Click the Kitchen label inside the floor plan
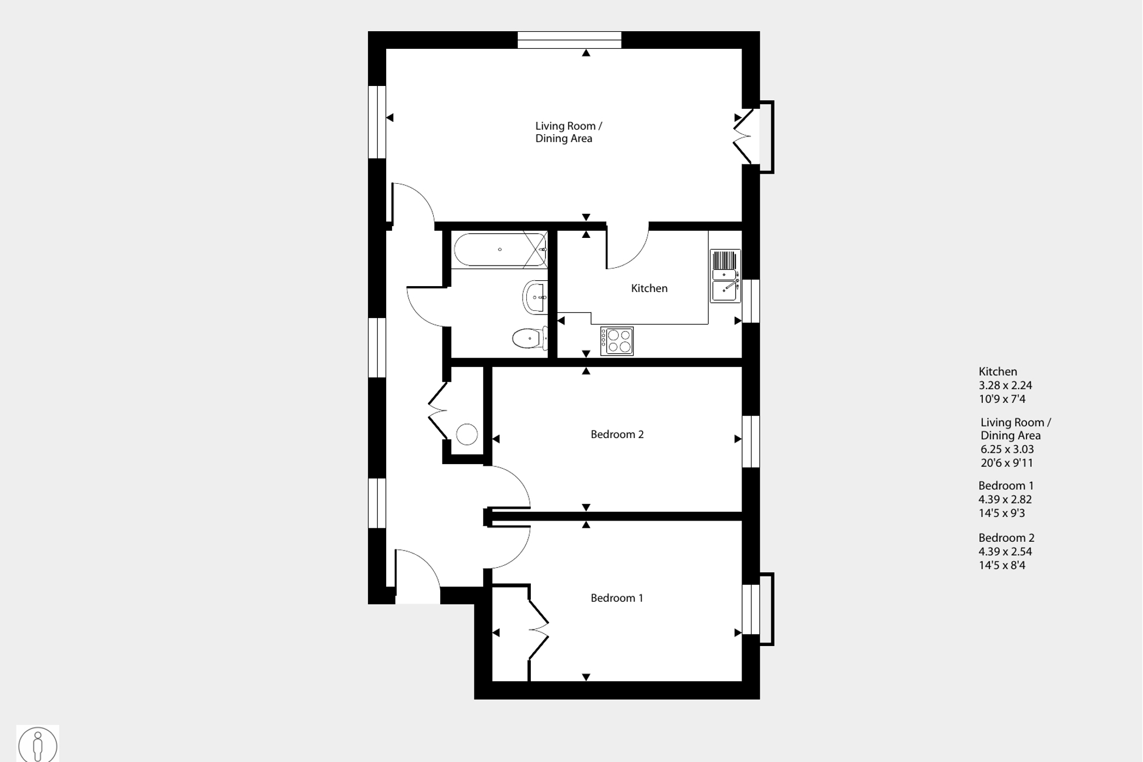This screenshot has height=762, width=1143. pyautogui.click(x=649, y=289)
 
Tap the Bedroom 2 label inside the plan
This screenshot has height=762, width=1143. pyautogui.click(x=617, y=435)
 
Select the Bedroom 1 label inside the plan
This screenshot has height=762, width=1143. pyautogui.click(x=617, y=598)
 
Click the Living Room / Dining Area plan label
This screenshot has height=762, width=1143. pyautogui.click(x=568, y=132)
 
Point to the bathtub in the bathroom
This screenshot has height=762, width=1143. pyautogui.click(x=500, y=250)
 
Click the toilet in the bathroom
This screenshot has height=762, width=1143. pyautogui.click(x=529, y=339)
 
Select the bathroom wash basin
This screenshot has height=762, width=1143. pyautogui.click(x=535, y=297)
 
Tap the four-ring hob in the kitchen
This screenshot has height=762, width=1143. pyautogui.click(x=617, y=341)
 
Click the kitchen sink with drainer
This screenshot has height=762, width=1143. pyautogui.click(x=725, y=276)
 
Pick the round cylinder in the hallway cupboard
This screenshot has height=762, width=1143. pyautogui.click(x=467, y=435)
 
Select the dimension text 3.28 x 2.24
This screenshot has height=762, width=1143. pyautogui.click(x=1005, y=386)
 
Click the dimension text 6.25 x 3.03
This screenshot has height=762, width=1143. pyautogui.click(x=1007, y=449)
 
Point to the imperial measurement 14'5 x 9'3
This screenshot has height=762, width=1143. pyautogui.click(x=1002, y=513)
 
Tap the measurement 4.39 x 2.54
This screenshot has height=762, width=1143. pyautogui.click(x=1005, y=552)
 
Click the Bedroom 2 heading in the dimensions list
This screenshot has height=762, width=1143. pyautogui.click(x=1006, y=538)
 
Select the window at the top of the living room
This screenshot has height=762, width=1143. pyautogui.click(x=569, y=40)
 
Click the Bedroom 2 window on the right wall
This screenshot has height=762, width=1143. pyautogui.click(x=750, y=441)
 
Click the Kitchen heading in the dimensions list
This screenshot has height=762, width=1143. pyautogui.click(x=998, y=372)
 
